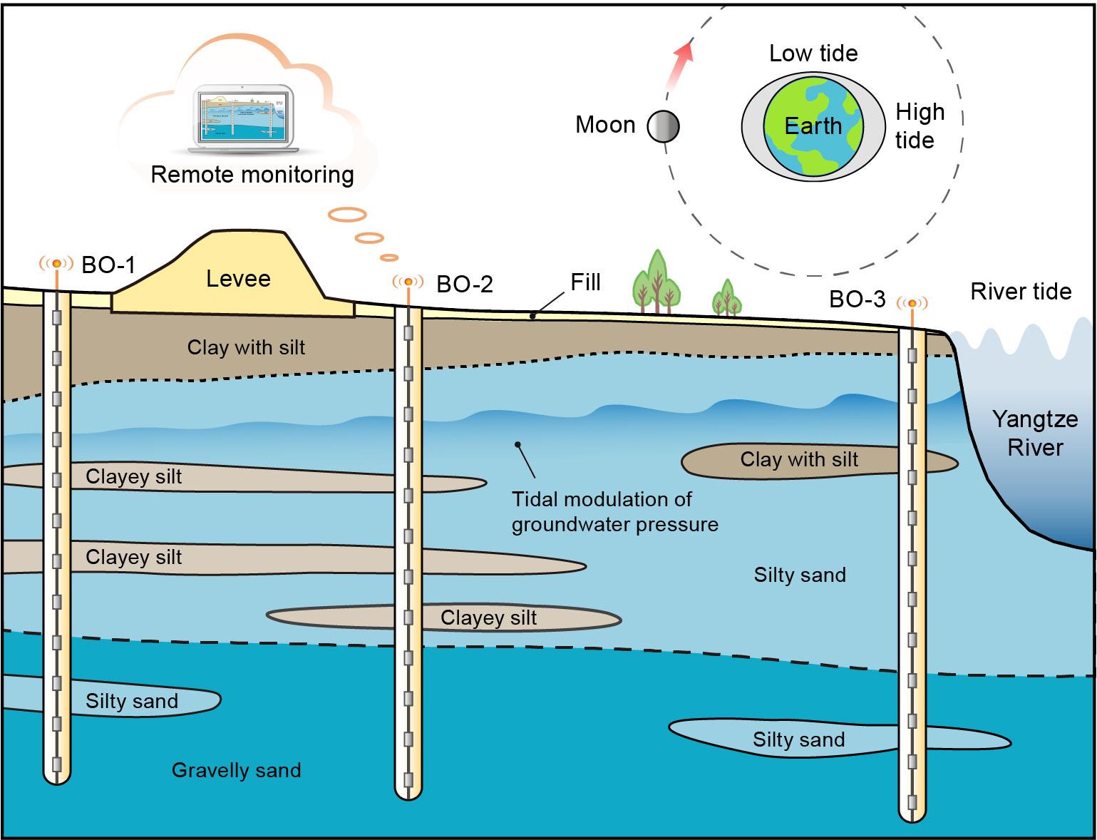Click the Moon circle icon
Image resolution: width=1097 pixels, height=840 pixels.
663,127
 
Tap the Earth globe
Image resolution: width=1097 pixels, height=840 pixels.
813,127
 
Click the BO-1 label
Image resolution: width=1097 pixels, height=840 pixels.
108,265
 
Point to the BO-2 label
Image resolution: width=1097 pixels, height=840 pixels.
464,285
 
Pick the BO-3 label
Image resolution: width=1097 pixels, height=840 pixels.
857,299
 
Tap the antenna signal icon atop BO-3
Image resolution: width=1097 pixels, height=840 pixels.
912,304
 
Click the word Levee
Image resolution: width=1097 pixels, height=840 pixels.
238,279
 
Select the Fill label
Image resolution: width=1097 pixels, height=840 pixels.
585,282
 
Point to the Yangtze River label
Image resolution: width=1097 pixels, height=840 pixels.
1035,434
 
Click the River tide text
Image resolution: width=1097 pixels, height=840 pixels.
1021,292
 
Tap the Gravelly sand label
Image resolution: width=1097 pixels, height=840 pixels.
236,770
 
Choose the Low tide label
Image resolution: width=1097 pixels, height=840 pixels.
813,53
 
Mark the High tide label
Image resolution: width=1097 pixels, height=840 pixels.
920,126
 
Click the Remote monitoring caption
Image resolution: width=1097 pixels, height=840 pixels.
252,175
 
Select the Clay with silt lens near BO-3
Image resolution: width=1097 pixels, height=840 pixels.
798,460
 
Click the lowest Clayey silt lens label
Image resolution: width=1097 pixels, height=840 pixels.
488,618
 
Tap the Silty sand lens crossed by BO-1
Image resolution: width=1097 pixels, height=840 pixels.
132,701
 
